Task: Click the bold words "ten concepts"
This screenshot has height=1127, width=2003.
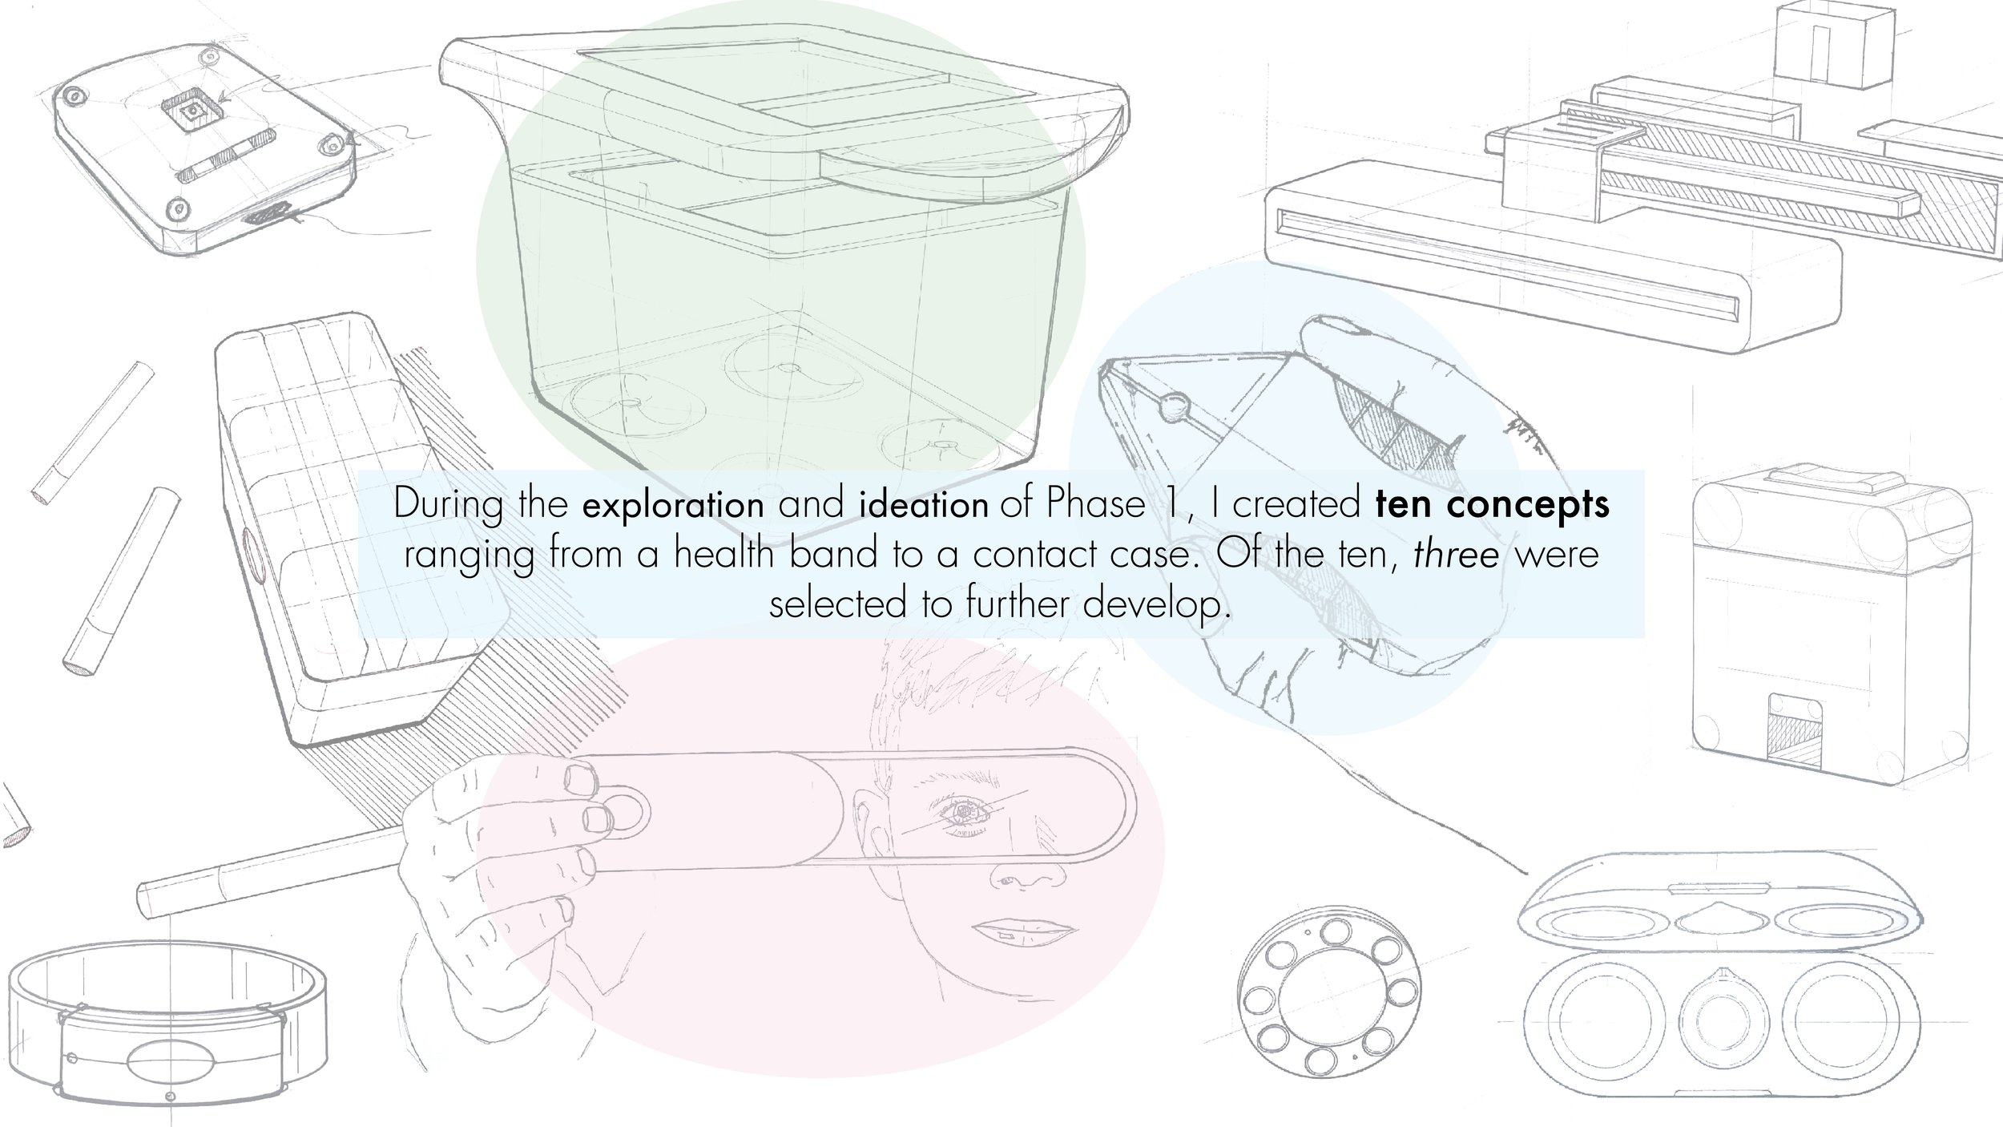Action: coord(1492,506)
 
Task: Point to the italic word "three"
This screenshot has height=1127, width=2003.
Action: coord(1456,555)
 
